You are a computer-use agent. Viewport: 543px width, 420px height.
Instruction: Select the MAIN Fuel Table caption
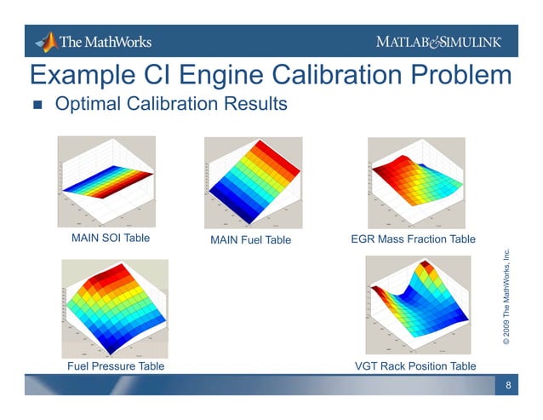point(250,240)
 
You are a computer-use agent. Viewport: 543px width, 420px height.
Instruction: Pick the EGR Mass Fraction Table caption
point(413,239)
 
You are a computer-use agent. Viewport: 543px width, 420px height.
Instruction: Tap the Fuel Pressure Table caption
point(115,365)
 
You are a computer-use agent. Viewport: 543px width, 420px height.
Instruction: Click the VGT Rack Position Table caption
point(414,366)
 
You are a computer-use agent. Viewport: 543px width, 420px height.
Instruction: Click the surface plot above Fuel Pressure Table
point(115,308)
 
